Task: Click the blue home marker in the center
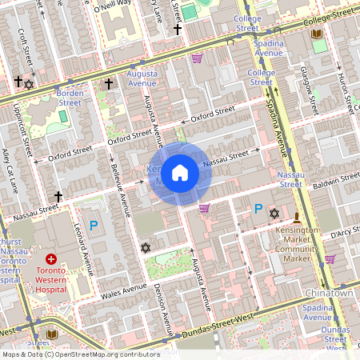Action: (x=180, y=173)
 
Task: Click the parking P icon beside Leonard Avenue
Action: (x=93, y=226)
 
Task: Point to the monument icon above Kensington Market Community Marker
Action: (x=297, y=218)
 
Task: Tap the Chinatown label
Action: (x=328, y=294)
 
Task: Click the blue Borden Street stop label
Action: (x=70, y=98)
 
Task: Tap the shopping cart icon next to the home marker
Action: (x=204, y=208)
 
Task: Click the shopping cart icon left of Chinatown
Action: (x=330, y=259)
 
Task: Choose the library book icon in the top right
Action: (x=317, y=34)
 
